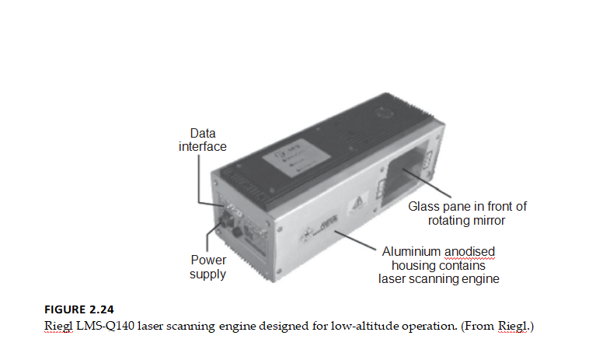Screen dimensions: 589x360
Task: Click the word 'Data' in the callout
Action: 203,134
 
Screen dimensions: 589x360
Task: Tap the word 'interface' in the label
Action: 203,146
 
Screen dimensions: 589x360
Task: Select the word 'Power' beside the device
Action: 208,260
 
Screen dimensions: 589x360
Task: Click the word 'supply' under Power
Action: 207,274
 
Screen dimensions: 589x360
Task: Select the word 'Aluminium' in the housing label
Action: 411,251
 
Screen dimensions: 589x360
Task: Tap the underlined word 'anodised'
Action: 469,251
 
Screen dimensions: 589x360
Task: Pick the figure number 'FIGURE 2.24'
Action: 79,309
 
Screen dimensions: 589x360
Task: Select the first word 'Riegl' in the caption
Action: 58,326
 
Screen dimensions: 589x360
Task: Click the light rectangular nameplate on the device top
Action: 296,158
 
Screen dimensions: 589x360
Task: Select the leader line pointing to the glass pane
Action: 427,183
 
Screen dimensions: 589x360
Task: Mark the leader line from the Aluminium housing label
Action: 355,240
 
